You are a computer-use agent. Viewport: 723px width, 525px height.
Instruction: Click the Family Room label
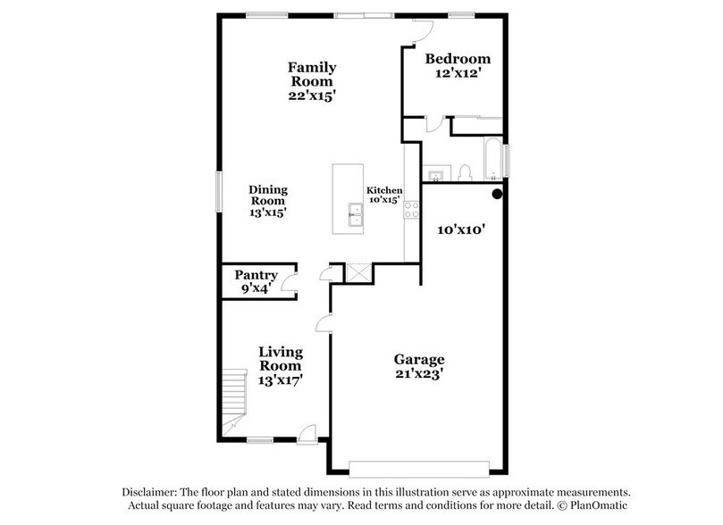pos(311,67)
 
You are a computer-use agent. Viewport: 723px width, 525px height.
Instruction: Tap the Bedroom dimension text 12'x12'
pos(458,75)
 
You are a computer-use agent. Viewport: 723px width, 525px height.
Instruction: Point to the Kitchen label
pos(384,191)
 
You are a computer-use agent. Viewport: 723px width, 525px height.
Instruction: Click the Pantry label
pos(256,275)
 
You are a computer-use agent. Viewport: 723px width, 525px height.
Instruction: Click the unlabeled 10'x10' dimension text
pos(460,229)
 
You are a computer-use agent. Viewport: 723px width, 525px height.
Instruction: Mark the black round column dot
pos(497,193)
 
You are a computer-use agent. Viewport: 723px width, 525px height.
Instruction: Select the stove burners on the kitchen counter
pos(412,211)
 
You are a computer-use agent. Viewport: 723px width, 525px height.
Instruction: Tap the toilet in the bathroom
pos(464,172)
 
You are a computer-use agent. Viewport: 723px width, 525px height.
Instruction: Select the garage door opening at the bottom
pos(419,468)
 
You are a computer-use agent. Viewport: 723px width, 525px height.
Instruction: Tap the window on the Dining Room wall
pos(219,191)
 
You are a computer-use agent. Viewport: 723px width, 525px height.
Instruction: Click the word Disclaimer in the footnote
pos(151,493)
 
